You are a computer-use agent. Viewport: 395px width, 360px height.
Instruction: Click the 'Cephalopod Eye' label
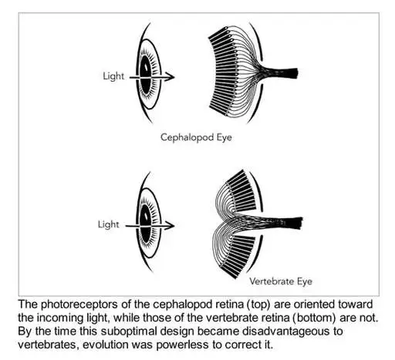pos(196,137)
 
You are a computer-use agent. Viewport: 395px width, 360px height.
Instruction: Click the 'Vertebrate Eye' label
pos(281,281)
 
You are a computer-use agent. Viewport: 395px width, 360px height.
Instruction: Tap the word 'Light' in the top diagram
pos(113,76)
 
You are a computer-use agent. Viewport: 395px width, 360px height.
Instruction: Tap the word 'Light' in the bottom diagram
pos(108,224)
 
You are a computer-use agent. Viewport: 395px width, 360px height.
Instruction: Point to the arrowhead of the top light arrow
pos(170,76)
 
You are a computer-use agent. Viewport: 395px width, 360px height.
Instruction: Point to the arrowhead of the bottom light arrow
pos(170,225)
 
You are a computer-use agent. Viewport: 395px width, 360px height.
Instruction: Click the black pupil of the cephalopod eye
pos(145,75)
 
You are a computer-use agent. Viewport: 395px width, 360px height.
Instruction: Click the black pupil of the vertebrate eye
pos(146,224)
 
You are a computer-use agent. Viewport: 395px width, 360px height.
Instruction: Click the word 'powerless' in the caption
pos(183,345)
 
